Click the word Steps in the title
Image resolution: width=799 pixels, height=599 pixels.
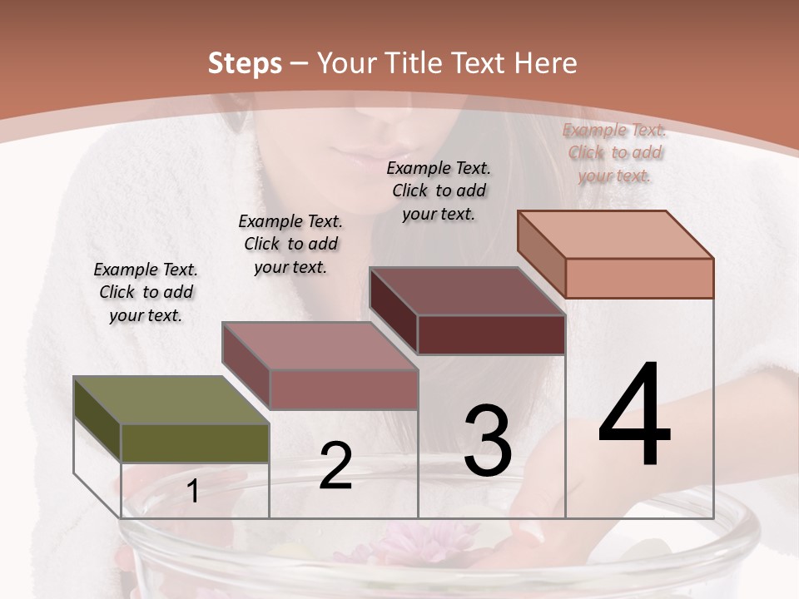[245, 63]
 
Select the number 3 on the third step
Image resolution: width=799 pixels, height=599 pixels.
[488, 441]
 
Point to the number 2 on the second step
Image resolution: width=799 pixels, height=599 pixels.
[335, 467]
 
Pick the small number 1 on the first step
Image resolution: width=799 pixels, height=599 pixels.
[193, 492]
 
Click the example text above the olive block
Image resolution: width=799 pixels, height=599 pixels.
[146, 292]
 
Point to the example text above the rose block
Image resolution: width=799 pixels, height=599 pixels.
[290, 244]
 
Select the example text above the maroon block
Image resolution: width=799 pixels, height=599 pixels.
[439, 191]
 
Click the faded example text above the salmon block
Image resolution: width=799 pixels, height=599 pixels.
[615, 152]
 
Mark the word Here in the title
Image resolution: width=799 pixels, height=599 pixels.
[546, 63]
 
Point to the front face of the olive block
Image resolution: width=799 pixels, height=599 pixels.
[195, 443]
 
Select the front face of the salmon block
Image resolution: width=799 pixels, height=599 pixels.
[639, 278]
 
